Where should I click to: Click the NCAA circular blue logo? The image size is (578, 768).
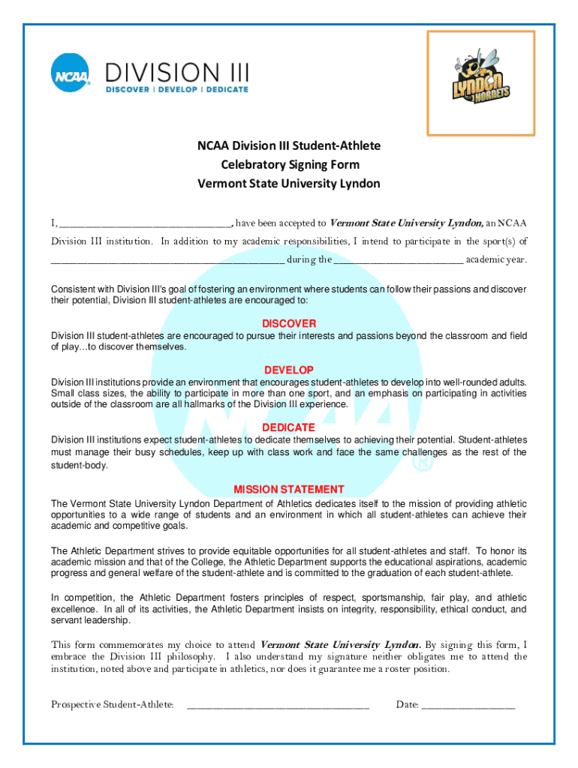click(71, 73)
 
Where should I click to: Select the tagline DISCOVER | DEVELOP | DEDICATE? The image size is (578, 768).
click(176, 90)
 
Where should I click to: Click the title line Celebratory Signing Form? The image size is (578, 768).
click(289, 164)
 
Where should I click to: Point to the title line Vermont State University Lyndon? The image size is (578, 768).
click(289, 184)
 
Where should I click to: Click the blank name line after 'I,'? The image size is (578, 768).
click(145, 223)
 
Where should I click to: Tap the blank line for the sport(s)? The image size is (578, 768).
click(167, 260)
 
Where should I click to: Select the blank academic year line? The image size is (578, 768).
click(399, 260)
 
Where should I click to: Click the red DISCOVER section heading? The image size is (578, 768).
click(289, 324)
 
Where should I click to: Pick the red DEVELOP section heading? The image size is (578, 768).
click(289, 370)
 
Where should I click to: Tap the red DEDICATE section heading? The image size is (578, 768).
click(289, 427)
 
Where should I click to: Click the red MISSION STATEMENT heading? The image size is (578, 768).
click(289, 489)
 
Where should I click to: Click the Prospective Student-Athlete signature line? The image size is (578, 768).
click(278, 705)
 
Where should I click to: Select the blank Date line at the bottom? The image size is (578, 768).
click(468, 705)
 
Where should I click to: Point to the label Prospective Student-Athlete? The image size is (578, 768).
click(113, 704)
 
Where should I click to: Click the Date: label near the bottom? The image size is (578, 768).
click(408, 704)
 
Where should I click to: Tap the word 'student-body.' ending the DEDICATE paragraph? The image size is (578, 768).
click(80, 466)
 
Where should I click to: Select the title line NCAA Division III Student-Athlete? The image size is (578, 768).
click(289, 145)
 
